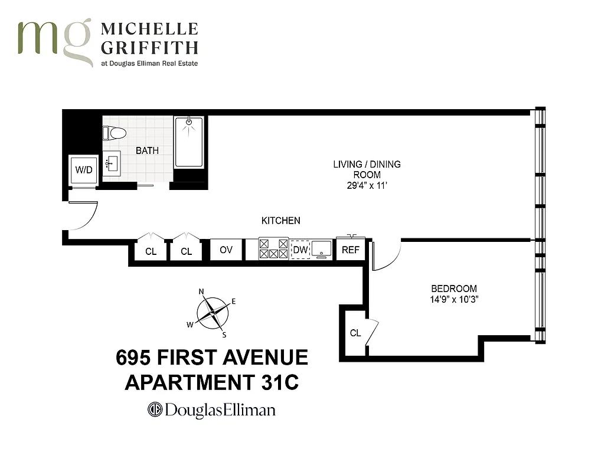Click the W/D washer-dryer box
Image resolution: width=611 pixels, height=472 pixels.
pos(84,170)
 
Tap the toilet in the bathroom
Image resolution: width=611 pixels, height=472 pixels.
pos(115,133)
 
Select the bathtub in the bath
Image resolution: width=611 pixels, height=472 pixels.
pos(189,143)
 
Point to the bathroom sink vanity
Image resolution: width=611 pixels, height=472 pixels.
pos(112,163)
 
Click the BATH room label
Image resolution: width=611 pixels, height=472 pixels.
pos(147,150)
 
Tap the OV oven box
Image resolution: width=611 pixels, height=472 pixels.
pos(226,250)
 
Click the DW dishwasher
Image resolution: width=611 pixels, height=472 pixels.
pos(300,250)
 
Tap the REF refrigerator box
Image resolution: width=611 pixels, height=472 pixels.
pos(351,250)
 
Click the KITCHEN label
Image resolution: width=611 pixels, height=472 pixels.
pos(281,221)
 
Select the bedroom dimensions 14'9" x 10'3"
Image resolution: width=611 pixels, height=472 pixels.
pos(454,300)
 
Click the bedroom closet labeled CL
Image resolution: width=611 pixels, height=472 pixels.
pos(355,333)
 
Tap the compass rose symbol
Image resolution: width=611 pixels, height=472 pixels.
pos(213,313)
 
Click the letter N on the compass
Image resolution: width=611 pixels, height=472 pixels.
pos(201,291)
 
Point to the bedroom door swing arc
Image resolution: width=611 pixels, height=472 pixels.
pos(387,256)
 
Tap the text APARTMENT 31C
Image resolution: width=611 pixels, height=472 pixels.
pos(212,382)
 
